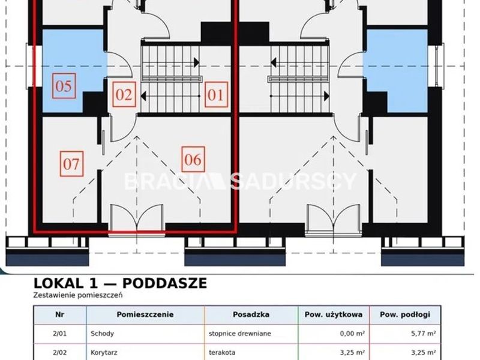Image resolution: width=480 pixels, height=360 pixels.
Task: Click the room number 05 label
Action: click(x=64, y=86)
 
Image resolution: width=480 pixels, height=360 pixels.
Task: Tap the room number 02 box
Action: click(x=124, y=95)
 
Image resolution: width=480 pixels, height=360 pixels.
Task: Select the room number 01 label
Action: click(x=216, y=95)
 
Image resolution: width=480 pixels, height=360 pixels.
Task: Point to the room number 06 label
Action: click(x=193, y=160)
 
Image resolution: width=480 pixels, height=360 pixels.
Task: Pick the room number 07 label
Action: click(x=71, y=164)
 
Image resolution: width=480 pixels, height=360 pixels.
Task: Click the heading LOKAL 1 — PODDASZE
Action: click(x=120, y=283)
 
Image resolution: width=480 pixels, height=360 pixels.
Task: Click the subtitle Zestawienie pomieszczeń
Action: click(x=78, y=295)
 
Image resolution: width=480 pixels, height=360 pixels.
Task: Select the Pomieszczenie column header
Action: click(x=145, y=314)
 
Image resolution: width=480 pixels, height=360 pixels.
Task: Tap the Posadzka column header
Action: click(x=251, y=314)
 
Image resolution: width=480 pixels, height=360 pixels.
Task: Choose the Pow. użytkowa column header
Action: click(x=334, y=314)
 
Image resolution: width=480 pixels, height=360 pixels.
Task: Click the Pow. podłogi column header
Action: click(x=405, y=314)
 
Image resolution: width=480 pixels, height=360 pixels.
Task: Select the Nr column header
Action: click(x=59, y=314)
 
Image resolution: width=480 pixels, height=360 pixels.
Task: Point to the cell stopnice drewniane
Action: click(x=239, y=334)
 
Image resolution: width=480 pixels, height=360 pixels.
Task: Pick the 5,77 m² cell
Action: click(x=424, y=334)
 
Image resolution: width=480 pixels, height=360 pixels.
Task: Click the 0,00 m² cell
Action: click(x=352, y=334)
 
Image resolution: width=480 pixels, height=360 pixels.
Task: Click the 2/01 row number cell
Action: click(x=59, y=334)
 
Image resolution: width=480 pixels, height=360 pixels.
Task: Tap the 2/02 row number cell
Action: click(x=59, y=353)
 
